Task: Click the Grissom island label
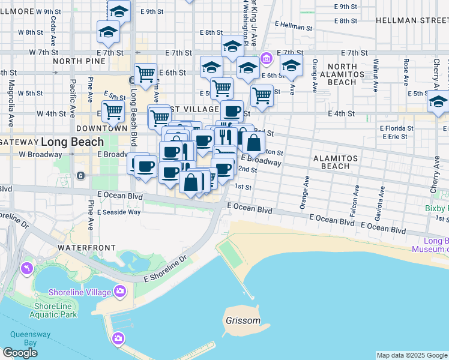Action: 243,320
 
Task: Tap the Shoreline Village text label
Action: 80,292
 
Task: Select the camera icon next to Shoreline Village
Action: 120,292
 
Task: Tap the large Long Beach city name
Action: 72,142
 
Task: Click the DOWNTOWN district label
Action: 101,128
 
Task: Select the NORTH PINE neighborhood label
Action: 75,61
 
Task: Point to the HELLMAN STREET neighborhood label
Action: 412,20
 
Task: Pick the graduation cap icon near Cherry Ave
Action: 438,103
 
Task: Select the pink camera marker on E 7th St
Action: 267,58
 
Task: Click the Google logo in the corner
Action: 20,353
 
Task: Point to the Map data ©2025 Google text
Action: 412,355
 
